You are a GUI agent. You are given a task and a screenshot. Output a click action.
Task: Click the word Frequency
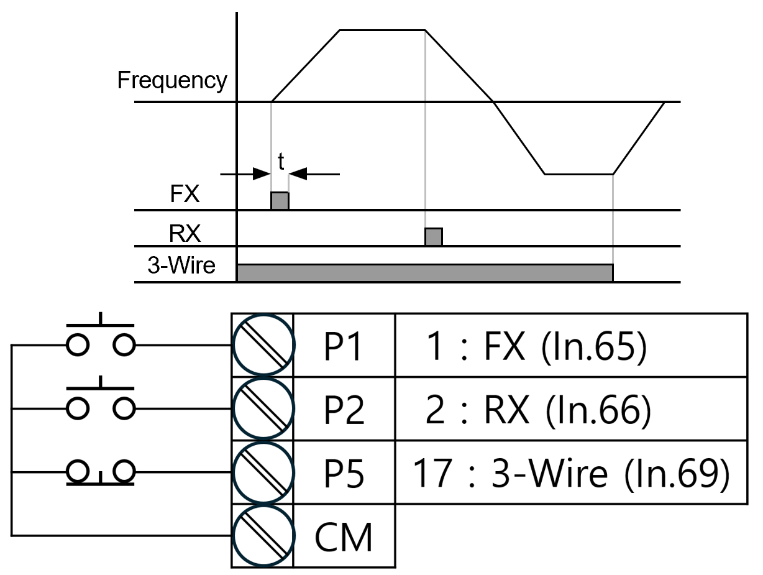coord(172,81)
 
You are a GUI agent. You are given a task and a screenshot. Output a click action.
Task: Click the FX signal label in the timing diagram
coord(185,194)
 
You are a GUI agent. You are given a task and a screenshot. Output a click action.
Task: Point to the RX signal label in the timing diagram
coord(185,233)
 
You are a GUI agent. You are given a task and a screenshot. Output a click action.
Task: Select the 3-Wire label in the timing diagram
coord(181,265)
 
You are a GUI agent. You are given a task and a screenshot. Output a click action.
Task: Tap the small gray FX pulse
coord(280,201)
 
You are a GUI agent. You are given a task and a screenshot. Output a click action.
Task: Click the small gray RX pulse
coord(434,237)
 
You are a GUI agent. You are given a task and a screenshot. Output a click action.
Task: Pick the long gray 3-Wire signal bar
coord(425,273)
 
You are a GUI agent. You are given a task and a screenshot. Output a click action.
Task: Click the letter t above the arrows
coord(281,161)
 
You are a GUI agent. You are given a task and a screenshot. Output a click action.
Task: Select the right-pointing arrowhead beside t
coord(262,174)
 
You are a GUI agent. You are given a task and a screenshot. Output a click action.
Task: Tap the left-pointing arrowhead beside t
coord(298,174)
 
